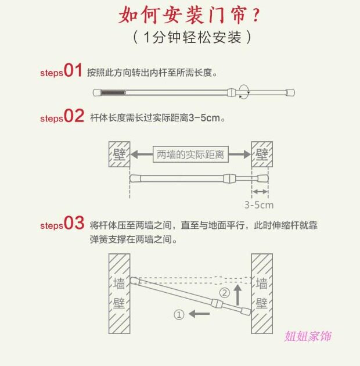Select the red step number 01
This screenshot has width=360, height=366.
tap(73, 71)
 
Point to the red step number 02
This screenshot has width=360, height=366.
tap(74, 116)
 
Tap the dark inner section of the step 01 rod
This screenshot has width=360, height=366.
tap(114, 92)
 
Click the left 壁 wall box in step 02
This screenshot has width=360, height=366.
tap(118, 155)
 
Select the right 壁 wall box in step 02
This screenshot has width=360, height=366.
tap(261, 155)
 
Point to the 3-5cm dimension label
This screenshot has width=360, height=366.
tap(259, 204)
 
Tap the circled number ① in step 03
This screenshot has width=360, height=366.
tap(179, 314)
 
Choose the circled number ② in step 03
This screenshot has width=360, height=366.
tap(224, 293)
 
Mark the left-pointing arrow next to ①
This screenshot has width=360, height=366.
tap(201, 314)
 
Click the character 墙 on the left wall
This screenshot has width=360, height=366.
tap(118, 284)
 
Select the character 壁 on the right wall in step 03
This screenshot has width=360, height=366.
tap(262, 303)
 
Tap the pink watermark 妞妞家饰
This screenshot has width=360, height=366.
tap(308, 336)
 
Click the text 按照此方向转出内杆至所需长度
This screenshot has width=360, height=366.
tap(152, 73)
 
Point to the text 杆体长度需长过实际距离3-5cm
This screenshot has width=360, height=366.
tap(157, 118)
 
